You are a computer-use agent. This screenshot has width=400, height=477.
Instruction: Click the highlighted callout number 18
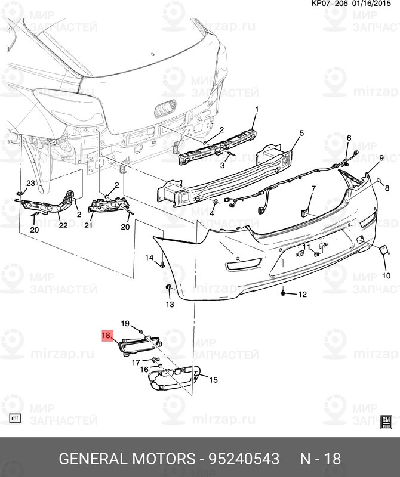pyautogui.click(x=107, y=336)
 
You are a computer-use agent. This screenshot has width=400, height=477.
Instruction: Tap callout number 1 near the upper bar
pyautogui.click(x=257, y=109)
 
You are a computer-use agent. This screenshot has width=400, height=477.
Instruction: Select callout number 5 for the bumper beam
pyautogui.click(x=301, y=133)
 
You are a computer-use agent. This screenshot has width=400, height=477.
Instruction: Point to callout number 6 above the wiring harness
pyautogui.click(x=349, y=138)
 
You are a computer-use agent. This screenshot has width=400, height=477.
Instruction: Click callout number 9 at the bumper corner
pyautogui.click(x=381, y=157)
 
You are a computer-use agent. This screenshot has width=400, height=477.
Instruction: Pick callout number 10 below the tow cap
pyautogui.click(x=386, y=275)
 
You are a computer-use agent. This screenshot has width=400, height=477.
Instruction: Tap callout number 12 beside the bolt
pyautogui.click(x=302, y=294)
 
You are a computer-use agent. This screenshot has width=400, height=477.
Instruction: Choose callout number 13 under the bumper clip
pyautogui.click(x=170, y=304)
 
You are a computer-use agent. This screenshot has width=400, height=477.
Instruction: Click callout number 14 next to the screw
pyautogui.click(x=149, y=258)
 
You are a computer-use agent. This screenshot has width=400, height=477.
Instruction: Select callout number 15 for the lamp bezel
pyautogui.click(x=213, y=380)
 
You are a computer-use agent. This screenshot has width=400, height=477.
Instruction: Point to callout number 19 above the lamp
pyautogui.click(x=125, y=323)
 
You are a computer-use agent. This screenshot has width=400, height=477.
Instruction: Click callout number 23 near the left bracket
pyautogui.click(x=30, y=183)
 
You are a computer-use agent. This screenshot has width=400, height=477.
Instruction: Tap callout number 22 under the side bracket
pyautogui.click(x=63, y=225)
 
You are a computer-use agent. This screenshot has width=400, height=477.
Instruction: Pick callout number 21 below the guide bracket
pyautogui.click(x=88, y=225)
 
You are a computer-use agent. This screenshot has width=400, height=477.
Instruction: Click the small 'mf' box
pyautogui.click(x=15, y=418)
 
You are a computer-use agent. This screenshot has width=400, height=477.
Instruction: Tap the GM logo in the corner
pyautogui.click(x=386, y=422)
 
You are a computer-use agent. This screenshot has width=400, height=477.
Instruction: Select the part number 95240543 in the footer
pyautogui.click(x=244, y=459)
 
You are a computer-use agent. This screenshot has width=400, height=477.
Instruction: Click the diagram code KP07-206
pyautogui.click(x=329, y=4)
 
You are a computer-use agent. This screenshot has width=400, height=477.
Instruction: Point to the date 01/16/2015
pyautogui.click(x=371, y=4)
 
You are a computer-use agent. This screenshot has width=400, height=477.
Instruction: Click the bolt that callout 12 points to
pyautogui.click(x=284, y=293)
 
